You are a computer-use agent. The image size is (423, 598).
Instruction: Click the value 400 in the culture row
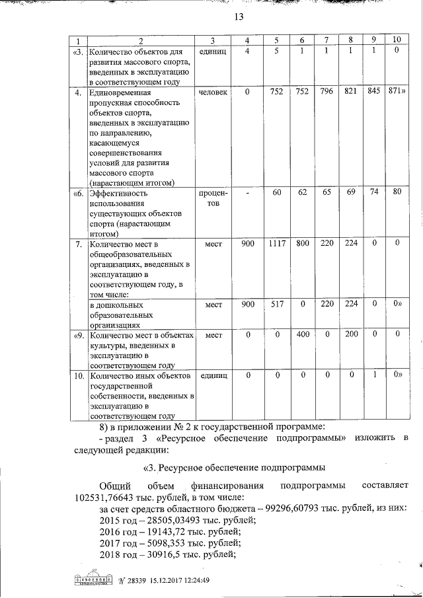coord(303,334)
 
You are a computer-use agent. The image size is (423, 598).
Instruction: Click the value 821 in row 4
coord(351,93)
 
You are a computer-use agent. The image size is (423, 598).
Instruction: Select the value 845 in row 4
coord(374,93)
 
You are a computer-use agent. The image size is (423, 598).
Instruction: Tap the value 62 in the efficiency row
coord(303,194)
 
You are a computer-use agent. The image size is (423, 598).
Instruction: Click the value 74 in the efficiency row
coord(374,194)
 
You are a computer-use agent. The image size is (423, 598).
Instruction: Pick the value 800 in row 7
coord(303,244)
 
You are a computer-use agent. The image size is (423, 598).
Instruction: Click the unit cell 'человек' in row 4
coord(213,93)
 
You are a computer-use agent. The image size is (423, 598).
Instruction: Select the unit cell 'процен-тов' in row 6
coord(213,199)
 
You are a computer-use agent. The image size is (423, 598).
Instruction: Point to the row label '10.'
coord(77,375)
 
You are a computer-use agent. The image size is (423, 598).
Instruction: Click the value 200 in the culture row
coord(351,334)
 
